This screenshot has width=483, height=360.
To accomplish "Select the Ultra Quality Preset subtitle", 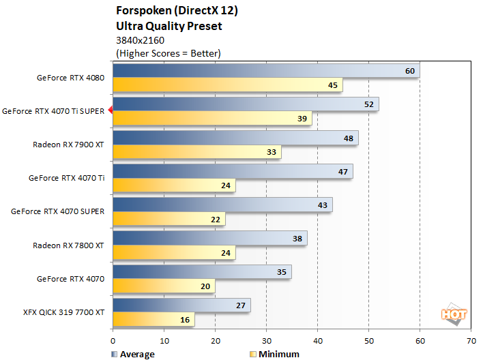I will coord(169,27).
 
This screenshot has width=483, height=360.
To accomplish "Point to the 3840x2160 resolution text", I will coord(140,40).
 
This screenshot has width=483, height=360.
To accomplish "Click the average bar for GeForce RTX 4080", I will coord(265,70).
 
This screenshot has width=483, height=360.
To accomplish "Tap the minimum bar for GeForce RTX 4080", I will coord(227,85).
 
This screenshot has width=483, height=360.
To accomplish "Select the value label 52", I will coord(369,104).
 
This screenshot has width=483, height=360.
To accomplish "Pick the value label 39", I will coord(302,119).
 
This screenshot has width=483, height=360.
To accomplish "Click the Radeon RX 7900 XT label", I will coord(68,145).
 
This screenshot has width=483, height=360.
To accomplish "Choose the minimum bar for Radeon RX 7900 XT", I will coord(196,152).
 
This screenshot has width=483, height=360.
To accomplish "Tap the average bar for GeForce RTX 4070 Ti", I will coord(232,170).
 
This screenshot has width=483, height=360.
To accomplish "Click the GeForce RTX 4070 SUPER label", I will coord(57,211).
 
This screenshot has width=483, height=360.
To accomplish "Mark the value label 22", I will coord(216,219).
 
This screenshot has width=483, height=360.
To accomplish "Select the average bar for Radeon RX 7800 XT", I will coord(209,237).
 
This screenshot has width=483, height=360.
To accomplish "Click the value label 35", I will coord(282,271).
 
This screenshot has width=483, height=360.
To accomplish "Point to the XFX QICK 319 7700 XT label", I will coord(63,312).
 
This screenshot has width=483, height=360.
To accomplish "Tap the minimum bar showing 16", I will coord(153,319).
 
